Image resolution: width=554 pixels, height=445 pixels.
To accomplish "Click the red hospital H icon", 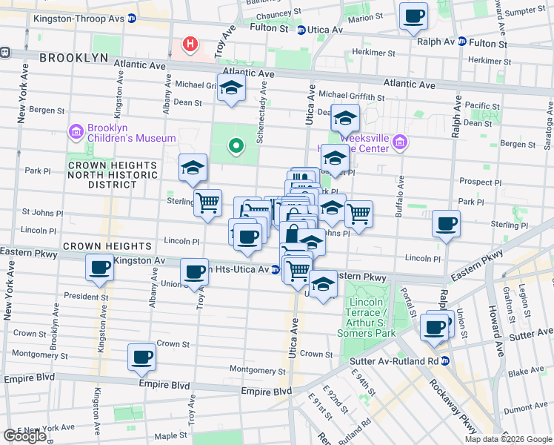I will point(190,44).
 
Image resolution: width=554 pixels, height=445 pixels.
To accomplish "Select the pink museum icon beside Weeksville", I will point(400,142).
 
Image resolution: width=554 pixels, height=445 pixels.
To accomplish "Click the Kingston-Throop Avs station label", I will point(81,18).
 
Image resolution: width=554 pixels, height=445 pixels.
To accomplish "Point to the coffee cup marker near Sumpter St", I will point(413,16).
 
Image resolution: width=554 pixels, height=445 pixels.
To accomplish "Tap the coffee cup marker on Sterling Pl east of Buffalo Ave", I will point(446,223).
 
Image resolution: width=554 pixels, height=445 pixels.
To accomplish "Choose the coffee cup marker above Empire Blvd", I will point(141,357).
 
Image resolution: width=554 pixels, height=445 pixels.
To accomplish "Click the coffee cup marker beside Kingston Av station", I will point(99,268).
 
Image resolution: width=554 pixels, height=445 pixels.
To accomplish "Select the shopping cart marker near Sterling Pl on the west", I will point(207,202).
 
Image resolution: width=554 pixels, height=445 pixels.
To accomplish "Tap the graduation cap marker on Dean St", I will point(344,117).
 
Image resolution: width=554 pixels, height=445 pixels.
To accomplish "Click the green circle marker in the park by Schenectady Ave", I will point(236,145).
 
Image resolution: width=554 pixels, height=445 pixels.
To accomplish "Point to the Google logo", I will point(24,436).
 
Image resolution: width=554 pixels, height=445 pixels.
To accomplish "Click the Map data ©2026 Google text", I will point(507,439).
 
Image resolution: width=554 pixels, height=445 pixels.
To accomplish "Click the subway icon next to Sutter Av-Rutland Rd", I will point(446,361).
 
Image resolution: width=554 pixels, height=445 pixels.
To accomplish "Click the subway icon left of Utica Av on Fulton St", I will point(301,30).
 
